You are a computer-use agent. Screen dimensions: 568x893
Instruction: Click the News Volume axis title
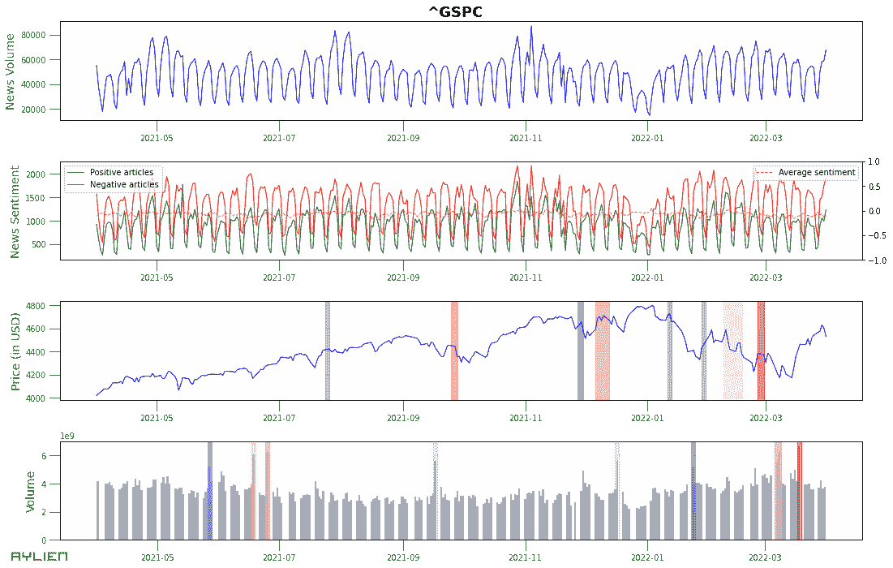tap(11, 71)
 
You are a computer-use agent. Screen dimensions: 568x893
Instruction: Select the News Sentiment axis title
tap(14, 212)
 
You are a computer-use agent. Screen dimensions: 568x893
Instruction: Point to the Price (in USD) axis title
tap(15, 351)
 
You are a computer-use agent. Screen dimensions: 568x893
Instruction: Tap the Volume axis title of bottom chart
tap(30, 492)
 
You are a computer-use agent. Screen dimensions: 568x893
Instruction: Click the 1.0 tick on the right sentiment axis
tap(876, 161)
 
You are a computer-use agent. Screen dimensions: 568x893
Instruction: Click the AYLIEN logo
tap(39, 557)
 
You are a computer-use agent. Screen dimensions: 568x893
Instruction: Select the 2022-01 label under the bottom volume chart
tap(647, 557)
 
